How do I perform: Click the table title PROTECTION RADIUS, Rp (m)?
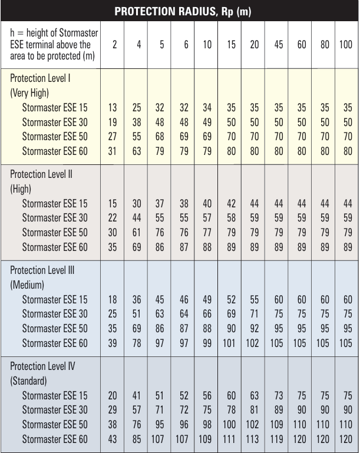coord(179,11)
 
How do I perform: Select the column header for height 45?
coord(278,45)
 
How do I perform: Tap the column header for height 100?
coord(345,45)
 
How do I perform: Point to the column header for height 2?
coord(113,45)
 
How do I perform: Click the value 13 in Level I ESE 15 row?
coord(113,108)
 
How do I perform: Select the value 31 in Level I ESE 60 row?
coord(113,150)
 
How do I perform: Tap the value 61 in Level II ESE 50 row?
coord(139,232)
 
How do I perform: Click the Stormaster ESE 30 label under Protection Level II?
coord(54,218)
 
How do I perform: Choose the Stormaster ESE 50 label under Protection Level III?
coord(54,328)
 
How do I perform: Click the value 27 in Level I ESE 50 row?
coord(113,136)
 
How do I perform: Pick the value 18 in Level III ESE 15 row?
coord(113,300)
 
